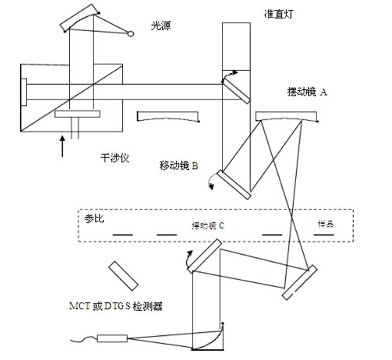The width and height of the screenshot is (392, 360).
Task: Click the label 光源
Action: pos(161,26)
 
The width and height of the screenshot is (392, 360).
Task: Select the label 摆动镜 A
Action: pos(307,92)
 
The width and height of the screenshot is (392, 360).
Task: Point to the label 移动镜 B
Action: pos(179,165)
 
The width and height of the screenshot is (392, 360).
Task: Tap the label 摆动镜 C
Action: pos(208,226)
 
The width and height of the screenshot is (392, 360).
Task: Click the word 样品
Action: pos(327,224)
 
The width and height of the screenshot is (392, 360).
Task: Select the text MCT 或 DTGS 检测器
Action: pos(119,306)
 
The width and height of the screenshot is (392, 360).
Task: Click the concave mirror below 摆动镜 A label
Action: pos(285,116)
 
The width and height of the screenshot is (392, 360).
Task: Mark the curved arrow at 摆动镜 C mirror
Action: pos(186,259)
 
